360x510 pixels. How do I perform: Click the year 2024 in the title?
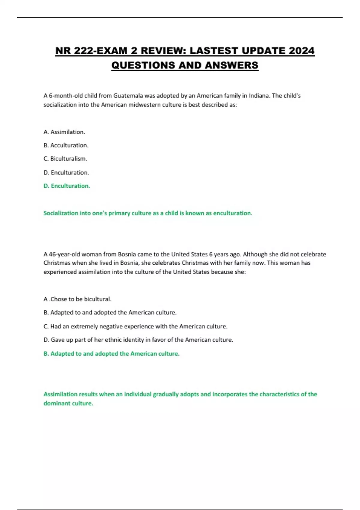click(301, 51)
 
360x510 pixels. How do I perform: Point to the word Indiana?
click(259, 96)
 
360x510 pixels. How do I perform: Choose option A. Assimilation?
click(64, 132)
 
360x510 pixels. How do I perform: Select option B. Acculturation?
click(66, 145)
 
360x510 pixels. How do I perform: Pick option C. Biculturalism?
click(65, 159)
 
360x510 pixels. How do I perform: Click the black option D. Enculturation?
click(66, 172)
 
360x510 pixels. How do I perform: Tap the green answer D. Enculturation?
click(67, 186)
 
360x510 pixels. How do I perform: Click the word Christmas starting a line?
click(56, 263)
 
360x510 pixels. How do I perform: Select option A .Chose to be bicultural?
click(77, 299)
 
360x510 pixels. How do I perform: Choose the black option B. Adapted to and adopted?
click(110, 313)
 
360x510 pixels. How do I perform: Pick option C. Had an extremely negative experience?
click(135, 326)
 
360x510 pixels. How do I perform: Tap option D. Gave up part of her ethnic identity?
click(138, 340)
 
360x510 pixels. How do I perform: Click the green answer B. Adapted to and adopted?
click(111, 354)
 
